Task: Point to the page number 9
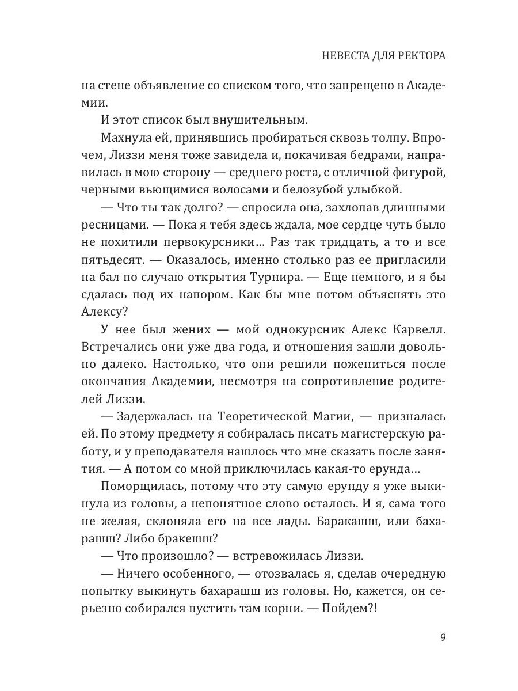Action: (442, 637)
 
